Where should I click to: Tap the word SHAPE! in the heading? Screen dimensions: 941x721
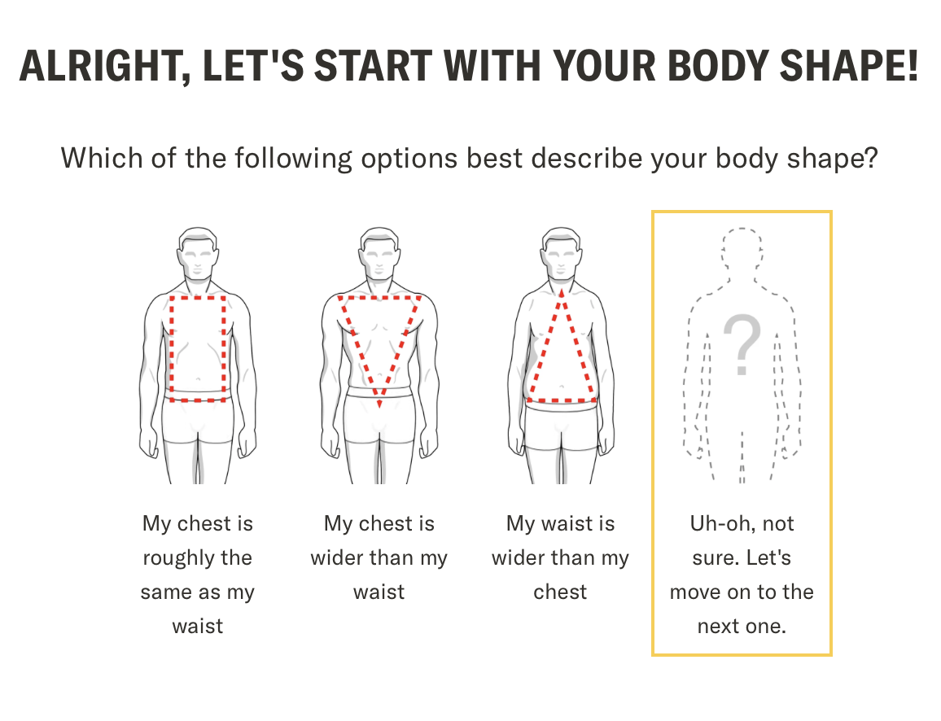click(x=848, y=65)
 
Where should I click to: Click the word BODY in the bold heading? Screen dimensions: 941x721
click(x=718, y=65)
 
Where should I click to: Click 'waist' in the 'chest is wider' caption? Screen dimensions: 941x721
click(x=379, y=592)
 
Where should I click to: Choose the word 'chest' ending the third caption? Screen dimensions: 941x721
click(x=560, y=592)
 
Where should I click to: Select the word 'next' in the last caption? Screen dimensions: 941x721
click(x=718, y=627)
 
